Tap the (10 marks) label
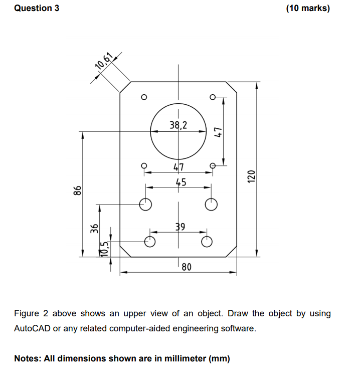(307, 8)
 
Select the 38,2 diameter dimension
(178, 125)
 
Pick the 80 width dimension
(186, 267)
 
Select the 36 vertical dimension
(93, 229)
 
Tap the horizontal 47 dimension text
(178, 167)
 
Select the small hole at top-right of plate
(213, 96)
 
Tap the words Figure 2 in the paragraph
(31, 314)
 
